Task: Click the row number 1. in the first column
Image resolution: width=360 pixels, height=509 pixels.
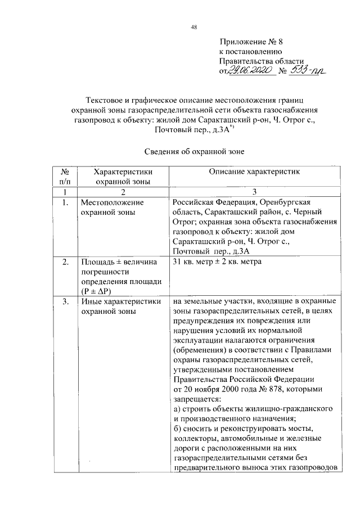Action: click(x=66, y=202)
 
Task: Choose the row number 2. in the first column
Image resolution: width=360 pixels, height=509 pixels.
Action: click(x=66, y=262)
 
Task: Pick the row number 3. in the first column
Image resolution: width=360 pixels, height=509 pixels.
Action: click(x=66, y=301)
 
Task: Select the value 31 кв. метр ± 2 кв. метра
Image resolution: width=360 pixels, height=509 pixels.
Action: click(x=217, y=262)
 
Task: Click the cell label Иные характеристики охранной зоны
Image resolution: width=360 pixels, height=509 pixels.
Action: click(x=117, y=307)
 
